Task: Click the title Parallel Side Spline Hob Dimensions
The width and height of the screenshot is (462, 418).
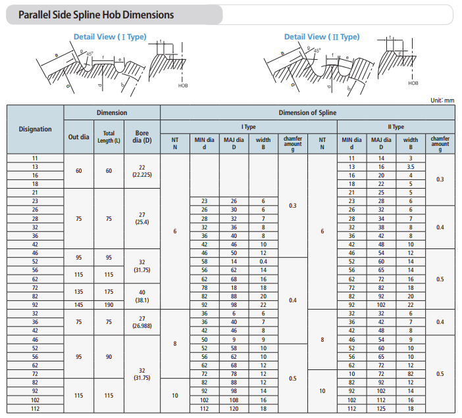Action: click(96, 14)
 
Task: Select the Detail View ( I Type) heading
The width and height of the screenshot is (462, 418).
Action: click(110, 37)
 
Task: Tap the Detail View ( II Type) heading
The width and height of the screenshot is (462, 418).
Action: click(322, 37)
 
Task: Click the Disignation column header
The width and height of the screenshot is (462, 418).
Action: click(35, 129)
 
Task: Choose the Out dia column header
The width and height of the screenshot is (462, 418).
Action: click(79, 137)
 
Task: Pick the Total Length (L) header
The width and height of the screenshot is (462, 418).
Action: click(109, 137)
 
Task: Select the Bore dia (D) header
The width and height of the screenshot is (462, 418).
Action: click(141, 137)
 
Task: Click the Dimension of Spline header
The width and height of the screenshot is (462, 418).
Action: click(307, 112)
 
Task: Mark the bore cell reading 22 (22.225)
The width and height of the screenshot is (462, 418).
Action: click(141, 171)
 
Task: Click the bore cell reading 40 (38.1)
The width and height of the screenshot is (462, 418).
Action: click(141, 296)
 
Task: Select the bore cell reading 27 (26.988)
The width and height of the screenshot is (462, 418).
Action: click(141, 322)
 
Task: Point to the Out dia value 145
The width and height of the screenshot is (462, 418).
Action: click(79, 304)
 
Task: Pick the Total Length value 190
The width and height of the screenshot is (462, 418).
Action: click(109, 304)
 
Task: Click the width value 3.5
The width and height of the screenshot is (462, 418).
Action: click(411, 167)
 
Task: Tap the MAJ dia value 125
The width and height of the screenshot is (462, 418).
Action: click(380, 407)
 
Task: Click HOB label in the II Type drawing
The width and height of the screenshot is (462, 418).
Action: click(413, 83)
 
